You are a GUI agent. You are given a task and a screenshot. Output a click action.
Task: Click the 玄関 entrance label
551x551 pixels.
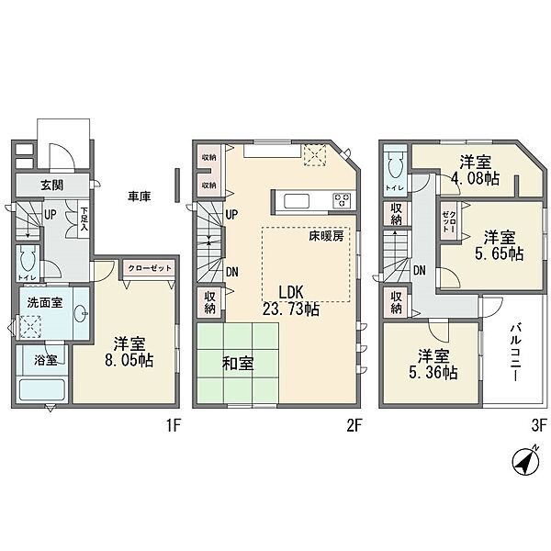(x=51, y=185)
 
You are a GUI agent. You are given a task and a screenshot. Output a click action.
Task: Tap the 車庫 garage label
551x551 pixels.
(x=140, y=196)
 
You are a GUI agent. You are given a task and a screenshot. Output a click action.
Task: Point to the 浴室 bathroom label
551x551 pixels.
(x=45, y=360)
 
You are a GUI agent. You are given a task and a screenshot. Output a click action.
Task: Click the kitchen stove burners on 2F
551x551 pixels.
(x=341, y=199)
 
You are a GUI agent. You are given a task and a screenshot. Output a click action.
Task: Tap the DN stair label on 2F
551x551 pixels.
(x=232, y=271)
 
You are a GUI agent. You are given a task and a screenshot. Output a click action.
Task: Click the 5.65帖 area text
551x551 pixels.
(x=503, y=251)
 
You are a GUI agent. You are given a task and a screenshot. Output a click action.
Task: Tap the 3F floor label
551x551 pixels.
(x=538, y=426)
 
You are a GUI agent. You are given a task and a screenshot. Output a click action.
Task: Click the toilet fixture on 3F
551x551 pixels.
(x=395, y=167)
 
